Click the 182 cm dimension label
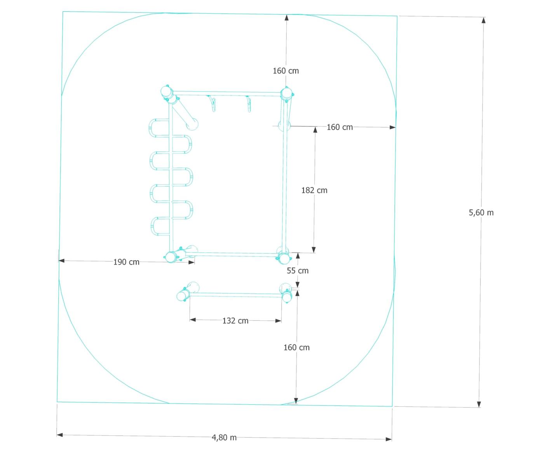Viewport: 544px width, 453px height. (x=314, y=190)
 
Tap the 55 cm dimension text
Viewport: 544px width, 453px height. (x=298, y=271)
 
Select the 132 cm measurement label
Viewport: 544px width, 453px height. (x=235, y=321)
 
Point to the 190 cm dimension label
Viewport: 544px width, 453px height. (x=126, y=262)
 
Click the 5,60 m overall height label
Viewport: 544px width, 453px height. (x=481, y=212)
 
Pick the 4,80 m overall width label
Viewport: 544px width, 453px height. (x=224, y=437)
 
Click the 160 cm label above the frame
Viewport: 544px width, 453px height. (x=286, y=71)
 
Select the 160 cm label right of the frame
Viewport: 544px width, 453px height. (x=340, y=127)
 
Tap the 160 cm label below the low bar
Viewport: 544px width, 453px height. (x=296, y=348)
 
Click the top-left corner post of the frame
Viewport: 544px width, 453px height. (x=167, y=92)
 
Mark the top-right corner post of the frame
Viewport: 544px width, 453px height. (x=286, y=93)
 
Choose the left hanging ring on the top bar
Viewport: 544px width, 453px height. (x=213, y=104)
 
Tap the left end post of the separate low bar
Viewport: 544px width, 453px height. (x=181, y=296)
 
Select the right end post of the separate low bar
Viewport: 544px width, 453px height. (x=287, y=298)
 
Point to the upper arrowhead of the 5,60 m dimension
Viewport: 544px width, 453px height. (x=483, y=21)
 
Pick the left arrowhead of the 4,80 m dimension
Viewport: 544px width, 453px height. (x=60, y=435)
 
